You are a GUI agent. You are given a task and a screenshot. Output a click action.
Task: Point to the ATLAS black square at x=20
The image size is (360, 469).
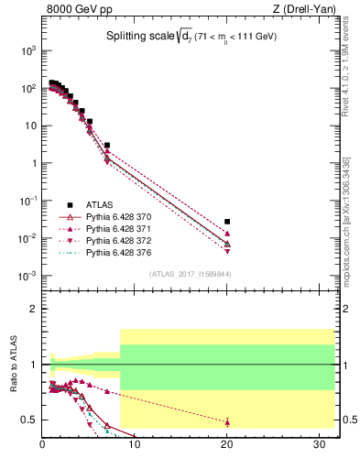click(x=227, y=222)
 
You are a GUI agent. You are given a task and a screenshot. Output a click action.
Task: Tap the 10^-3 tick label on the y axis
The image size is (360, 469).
click(x=26, y=276)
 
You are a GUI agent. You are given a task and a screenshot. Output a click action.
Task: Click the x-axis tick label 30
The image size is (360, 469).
click(x=319, y=446)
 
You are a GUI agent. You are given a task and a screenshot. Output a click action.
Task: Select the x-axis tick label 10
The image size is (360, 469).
click(x=135, y=446)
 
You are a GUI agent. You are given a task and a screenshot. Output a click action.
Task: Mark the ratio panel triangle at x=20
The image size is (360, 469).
click(x=227, y=422)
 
